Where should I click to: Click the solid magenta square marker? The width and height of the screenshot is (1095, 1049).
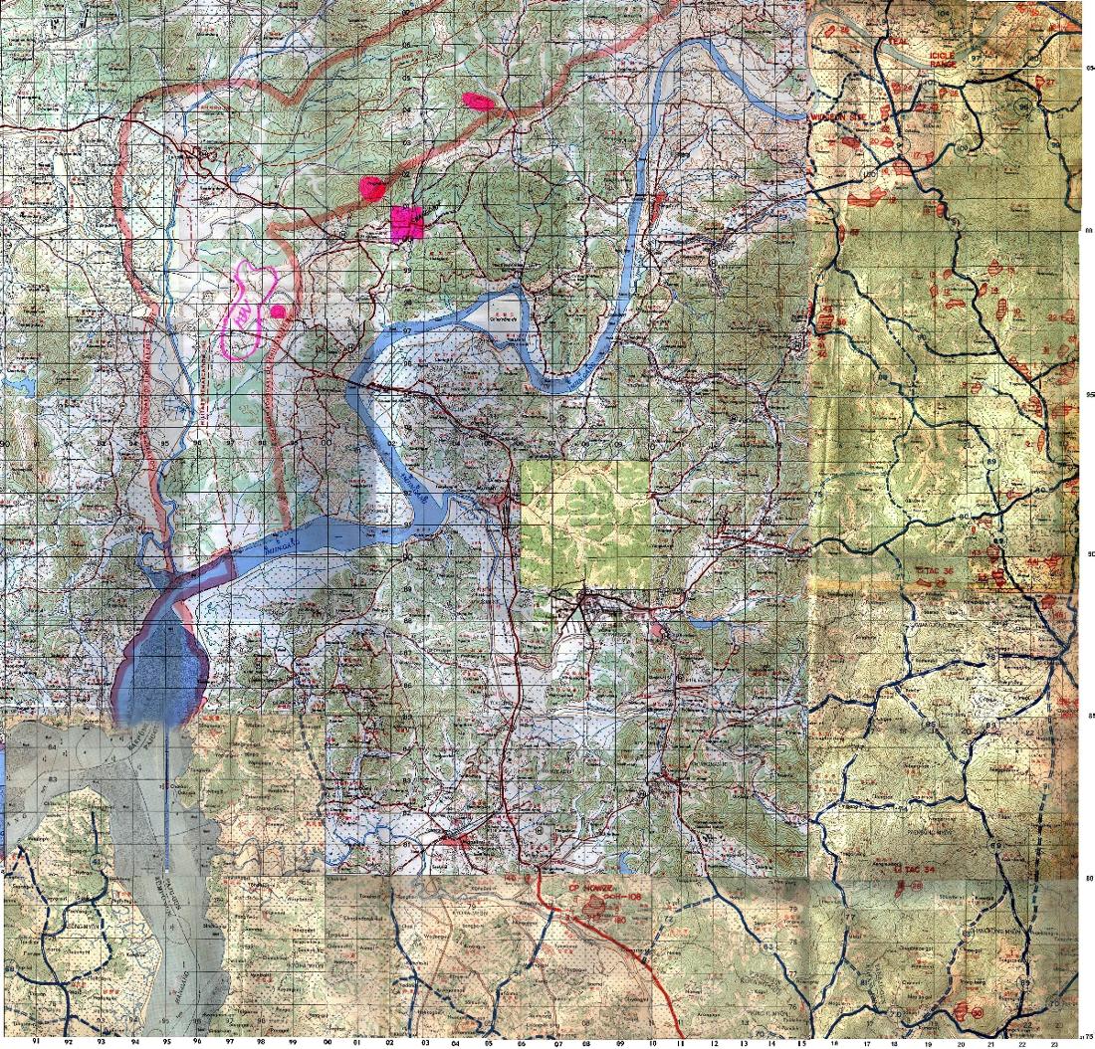point(407,224)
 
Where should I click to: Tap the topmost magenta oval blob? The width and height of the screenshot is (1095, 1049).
point(479,100)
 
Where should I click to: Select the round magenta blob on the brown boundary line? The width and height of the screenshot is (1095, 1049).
point(371,187)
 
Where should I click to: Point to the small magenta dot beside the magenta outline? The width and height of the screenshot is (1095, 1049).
point(279,312)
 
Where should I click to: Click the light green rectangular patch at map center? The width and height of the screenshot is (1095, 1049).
point(586,524)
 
